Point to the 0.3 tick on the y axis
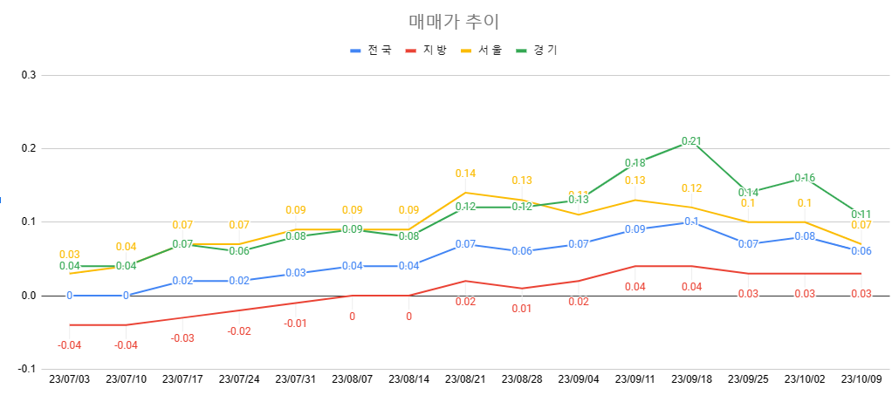tap(28, 75)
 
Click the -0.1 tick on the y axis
tap(26, 369)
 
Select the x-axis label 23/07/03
tap(70, 380)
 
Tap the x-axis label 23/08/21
tap(465, 380)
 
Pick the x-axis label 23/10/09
tap(861, 380)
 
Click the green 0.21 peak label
tap(691, 141)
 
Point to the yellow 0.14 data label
tap(465, 174)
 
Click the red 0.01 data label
tap(522, 309)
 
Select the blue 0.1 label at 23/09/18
tap(691, 221)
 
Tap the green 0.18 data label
tap(635, 163)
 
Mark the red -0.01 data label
tap(295, 324)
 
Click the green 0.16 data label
tap(805, 178)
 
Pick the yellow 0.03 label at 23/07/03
tap(70, 255)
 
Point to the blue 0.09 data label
tap(635, 229)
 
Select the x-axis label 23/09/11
tap(635, 380)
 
